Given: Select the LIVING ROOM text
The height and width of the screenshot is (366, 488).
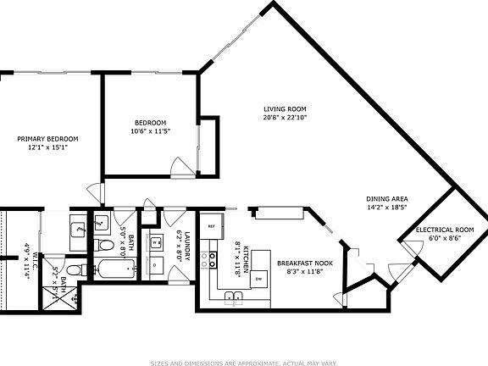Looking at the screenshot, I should pos(284,109).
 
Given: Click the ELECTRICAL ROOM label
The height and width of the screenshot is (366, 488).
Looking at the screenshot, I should pos(444,230).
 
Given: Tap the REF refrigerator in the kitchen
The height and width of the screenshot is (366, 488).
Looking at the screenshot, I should pos(212,226).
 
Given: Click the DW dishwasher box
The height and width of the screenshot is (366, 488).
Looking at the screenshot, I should pos(258,278).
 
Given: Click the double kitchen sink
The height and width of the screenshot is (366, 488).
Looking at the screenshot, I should pos(235,297).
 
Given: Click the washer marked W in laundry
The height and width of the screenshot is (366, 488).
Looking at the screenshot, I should pos(157,243).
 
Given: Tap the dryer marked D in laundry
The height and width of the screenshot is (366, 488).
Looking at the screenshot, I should pos(157,265).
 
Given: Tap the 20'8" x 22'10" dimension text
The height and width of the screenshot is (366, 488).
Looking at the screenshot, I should pos(284,118).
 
